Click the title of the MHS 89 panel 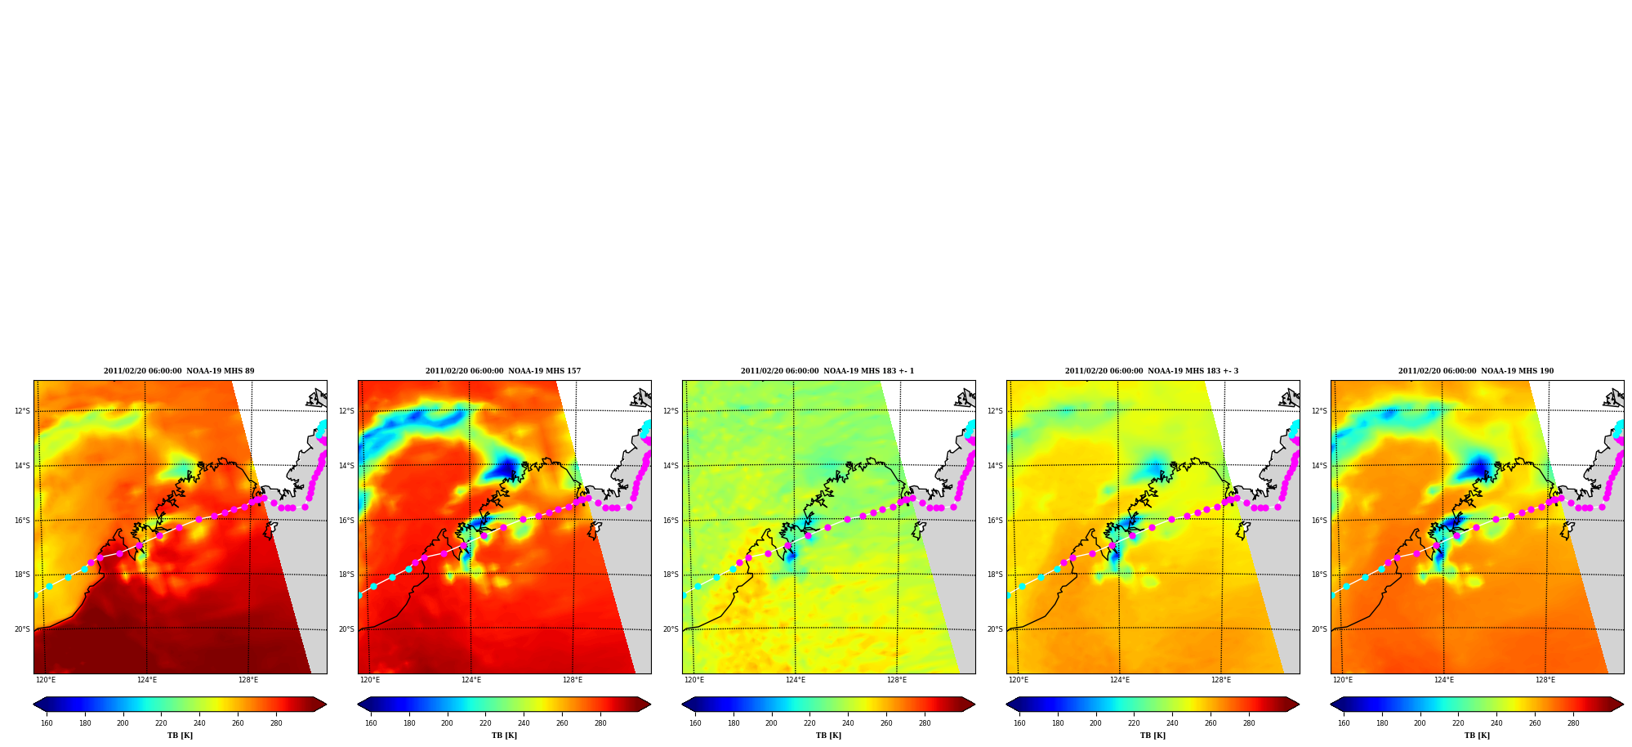pos(179,371)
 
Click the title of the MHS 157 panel pos(503,371)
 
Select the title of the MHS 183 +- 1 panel pos(827,371)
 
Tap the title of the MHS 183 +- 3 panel pos(1152,371)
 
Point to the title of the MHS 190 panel pos(1476,371)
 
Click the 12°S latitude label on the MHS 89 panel pos(22,411)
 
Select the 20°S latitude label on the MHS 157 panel pos(346,629)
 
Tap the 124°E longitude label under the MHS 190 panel pos(1444,680)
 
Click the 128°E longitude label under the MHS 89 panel pos(248,680)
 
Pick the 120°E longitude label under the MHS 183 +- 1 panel pos(694,680)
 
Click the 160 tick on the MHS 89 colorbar pos(47,723)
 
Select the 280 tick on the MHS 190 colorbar pos(1573,723)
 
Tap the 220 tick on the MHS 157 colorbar pos(485,723)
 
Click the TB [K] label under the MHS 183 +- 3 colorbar pos(1153,736)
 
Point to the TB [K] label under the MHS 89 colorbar pos(180,736)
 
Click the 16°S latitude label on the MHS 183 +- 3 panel pos(995,521)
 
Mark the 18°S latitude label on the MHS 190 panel pos(1319,575)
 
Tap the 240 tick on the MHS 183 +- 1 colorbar pos(848,723)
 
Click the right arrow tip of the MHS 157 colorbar pos(650,705)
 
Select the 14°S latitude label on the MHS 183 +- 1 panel pos(671,466)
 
